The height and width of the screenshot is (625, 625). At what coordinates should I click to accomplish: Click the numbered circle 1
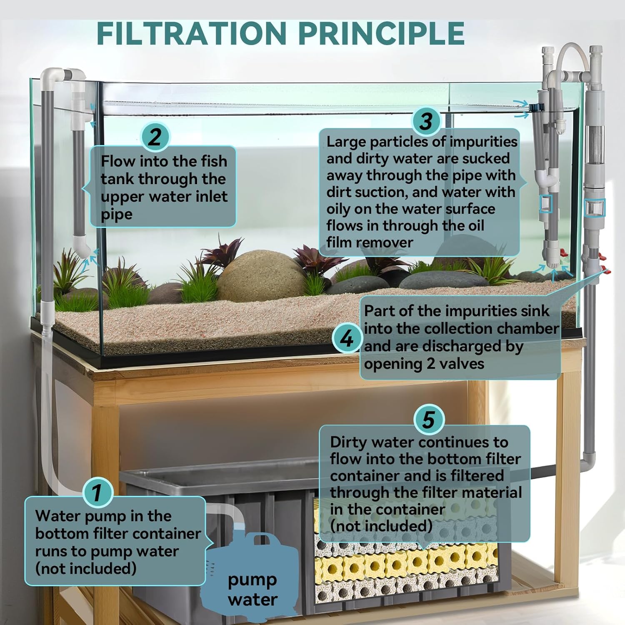coord(97,492)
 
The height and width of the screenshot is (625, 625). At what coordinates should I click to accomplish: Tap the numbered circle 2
coord(155,137)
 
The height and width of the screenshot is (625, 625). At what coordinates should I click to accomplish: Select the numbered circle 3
coord(426,121)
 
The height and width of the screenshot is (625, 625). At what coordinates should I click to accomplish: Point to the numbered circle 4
coord(347,338)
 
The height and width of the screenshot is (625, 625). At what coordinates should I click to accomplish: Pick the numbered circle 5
coord(429,419)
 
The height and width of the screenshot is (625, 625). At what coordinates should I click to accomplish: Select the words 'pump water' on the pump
coord(252,590)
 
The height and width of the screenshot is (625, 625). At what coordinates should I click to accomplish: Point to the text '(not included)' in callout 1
coord(86,568)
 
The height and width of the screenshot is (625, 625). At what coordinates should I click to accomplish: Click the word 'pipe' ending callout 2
coord(117,215)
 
